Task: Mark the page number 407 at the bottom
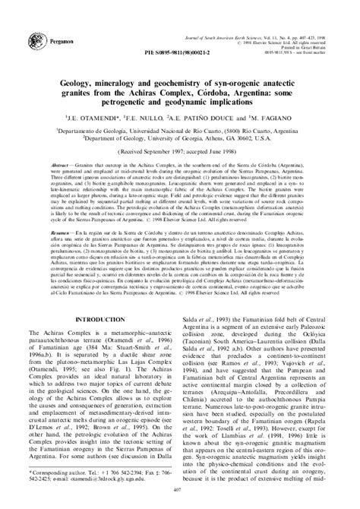[x=180, y=499]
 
